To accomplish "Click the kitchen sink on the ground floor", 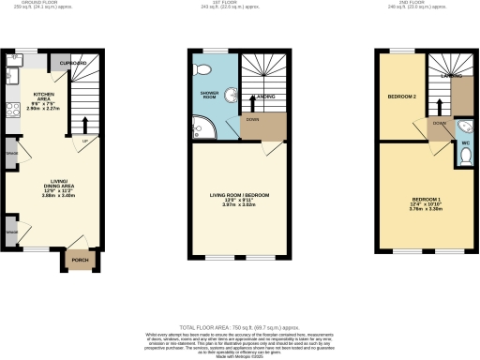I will click(x=13, y=75).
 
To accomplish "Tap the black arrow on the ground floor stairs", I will click(x=84, y=126).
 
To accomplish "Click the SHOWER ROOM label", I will click(x=208, y=96).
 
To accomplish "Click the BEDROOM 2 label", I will click(x=401, y=97).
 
